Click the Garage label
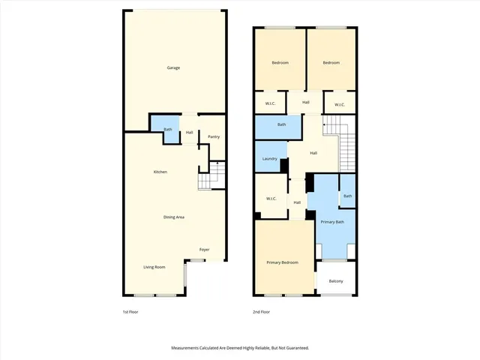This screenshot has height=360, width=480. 173,67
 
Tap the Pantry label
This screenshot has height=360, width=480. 214,136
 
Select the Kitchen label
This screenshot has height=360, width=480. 160,172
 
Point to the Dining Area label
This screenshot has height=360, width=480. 174,217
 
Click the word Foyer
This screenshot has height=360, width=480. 204,249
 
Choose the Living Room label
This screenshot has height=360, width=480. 154,266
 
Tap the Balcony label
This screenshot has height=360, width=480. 335,281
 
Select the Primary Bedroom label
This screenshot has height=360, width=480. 283,262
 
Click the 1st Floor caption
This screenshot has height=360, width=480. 130,311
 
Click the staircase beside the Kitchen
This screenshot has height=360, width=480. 212,177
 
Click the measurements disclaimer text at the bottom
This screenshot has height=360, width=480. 239,348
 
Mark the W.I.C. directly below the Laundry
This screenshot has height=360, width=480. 271,199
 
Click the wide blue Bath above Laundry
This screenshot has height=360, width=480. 281,124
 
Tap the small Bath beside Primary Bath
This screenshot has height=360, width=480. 347,196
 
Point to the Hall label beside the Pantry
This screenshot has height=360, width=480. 190,133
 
